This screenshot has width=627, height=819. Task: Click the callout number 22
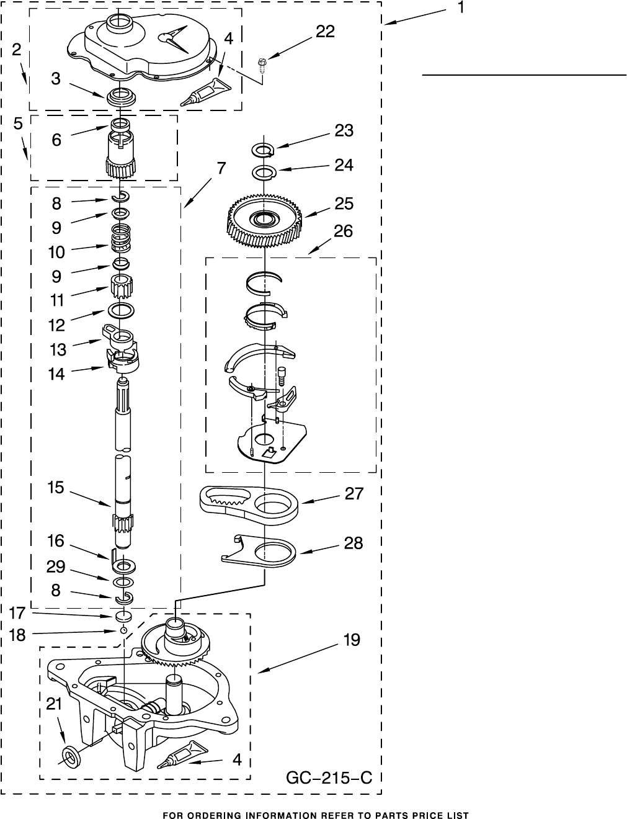pos(325,32)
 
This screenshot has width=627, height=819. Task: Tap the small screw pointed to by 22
pos(262,62)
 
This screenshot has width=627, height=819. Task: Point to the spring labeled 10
pos(121,238)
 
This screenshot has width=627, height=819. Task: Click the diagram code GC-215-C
pos(329,777)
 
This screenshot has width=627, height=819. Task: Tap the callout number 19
pos(351,640)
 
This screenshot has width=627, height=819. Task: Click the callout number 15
pos(55,488)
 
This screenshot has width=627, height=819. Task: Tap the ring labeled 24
pos(264,172)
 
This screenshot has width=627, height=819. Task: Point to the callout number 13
pos(58,349)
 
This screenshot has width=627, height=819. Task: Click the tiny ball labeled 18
pos(123,630)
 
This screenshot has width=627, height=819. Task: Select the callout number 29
pos(56,568)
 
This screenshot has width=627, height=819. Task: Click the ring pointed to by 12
pos(122,310)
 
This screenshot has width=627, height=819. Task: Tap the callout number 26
pos(343,231)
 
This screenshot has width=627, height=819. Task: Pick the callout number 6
pos(56,140)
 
